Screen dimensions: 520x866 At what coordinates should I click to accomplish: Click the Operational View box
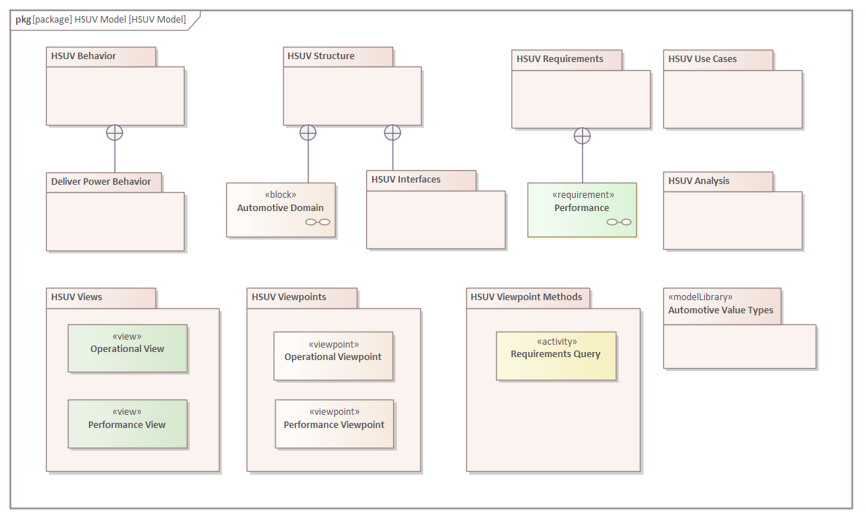point(128,348)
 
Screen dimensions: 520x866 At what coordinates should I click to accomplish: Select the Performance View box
point(128,424)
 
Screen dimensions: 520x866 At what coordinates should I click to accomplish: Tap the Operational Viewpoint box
point(333,356)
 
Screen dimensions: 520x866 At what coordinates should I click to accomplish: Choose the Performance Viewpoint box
point(334,424)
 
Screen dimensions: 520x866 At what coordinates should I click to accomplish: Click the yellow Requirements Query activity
point(556,356)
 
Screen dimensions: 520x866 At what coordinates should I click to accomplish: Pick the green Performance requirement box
point(582,210)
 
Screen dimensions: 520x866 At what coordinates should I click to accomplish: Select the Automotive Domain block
point(281,210)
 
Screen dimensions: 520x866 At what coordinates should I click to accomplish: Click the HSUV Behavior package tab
point(101,56)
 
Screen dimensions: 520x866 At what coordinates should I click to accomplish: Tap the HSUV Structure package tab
point(338,56)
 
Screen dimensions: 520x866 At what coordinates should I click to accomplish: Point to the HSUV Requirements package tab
point(567,59)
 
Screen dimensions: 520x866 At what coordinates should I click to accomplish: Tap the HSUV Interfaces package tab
point(421,180)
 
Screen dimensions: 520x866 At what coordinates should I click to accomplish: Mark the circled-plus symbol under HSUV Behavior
point(115,132)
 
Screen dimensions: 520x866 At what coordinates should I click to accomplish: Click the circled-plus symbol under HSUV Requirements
point(582,135)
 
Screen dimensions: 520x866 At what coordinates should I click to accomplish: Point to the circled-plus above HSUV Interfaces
point(393,132)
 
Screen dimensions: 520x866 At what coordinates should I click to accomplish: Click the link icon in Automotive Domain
point(318,222)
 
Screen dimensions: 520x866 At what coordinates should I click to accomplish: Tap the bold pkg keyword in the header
point(23,20)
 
